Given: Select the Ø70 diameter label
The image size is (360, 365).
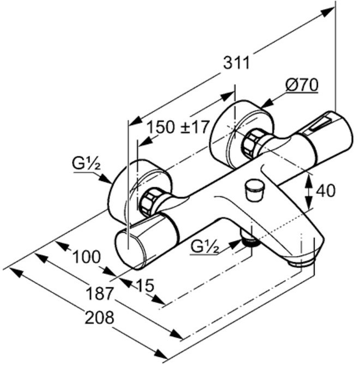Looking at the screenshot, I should [301, 85].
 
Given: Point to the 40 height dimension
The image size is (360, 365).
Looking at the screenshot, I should [326, 190].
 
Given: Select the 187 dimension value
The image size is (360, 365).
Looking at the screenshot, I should [99, 293].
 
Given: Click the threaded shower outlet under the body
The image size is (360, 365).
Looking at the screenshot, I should [249, 240].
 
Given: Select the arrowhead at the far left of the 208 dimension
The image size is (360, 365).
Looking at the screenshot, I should [14, 272].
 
